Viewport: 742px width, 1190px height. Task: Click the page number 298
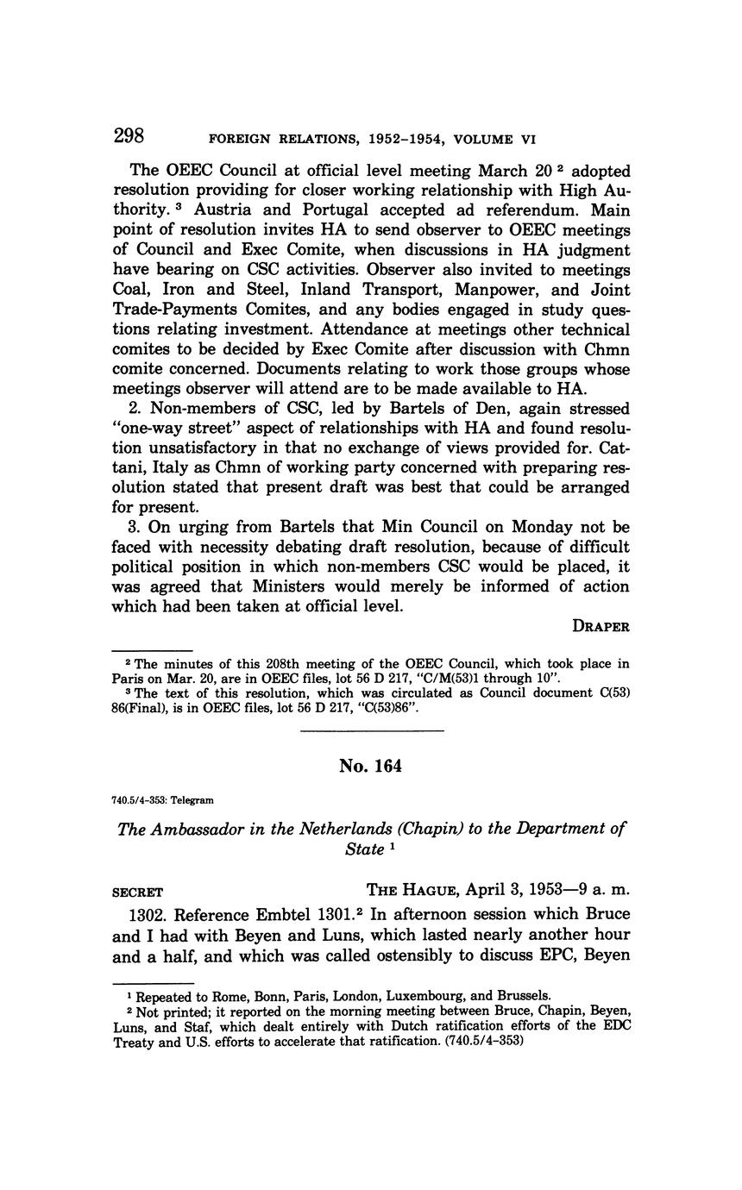[128, 136]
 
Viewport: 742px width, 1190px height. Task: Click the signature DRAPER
[598, 626]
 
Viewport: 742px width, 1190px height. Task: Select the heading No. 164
[371, 766]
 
